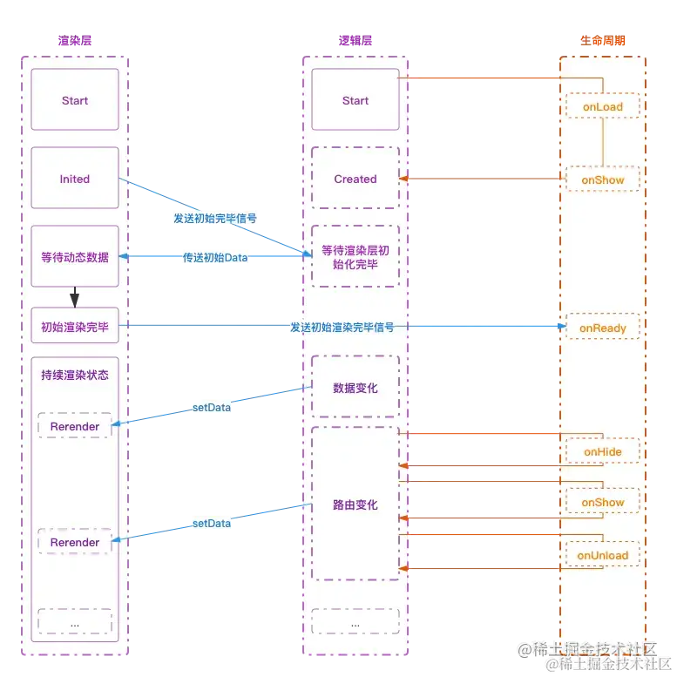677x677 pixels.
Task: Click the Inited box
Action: (x=75, y=179)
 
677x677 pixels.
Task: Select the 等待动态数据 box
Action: (x=75, y=257)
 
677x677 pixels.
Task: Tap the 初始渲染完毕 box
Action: (x=75, y=328)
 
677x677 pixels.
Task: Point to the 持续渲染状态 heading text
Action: (x=75, y=376)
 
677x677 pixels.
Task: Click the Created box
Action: (x=355, y=179)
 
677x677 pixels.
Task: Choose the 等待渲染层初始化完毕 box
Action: (x=355, y=257)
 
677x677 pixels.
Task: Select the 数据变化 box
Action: (x=355, y=388)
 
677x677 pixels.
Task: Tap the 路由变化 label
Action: (x=355, y=504)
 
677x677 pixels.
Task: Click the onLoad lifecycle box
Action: (x=603, y=107)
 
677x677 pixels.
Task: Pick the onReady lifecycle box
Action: (x=603, y=328)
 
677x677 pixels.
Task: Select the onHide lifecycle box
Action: (x=603, y=451)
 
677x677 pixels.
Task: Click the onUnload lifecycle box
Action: (x=603, y=555)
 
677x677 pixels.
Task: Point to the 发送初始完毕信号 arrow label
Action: (x=214, y=218)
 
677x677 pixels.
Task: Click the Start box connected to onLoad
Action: (x=355, y=100)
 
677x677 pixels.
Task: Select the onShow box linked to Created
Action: (x=603, y=180)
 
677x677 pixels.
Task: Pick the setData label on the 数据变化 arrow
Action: (x=211, y=407)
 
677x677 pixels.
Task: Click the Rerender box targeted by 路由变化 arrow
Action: (x=75, y=542)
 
